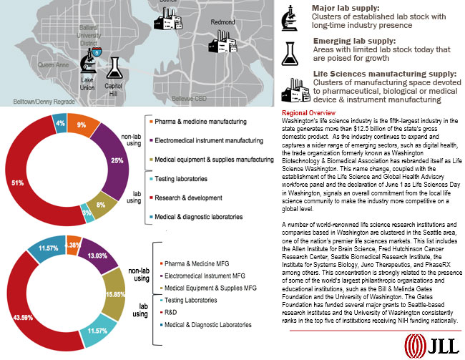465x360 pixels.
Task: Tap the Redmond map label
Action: [x=224, y=22]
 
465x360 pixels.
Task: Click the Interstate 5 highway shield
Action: [x=97, y=52]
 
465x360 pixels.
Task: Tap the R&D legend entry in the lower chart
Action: [x=168, y=312]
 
